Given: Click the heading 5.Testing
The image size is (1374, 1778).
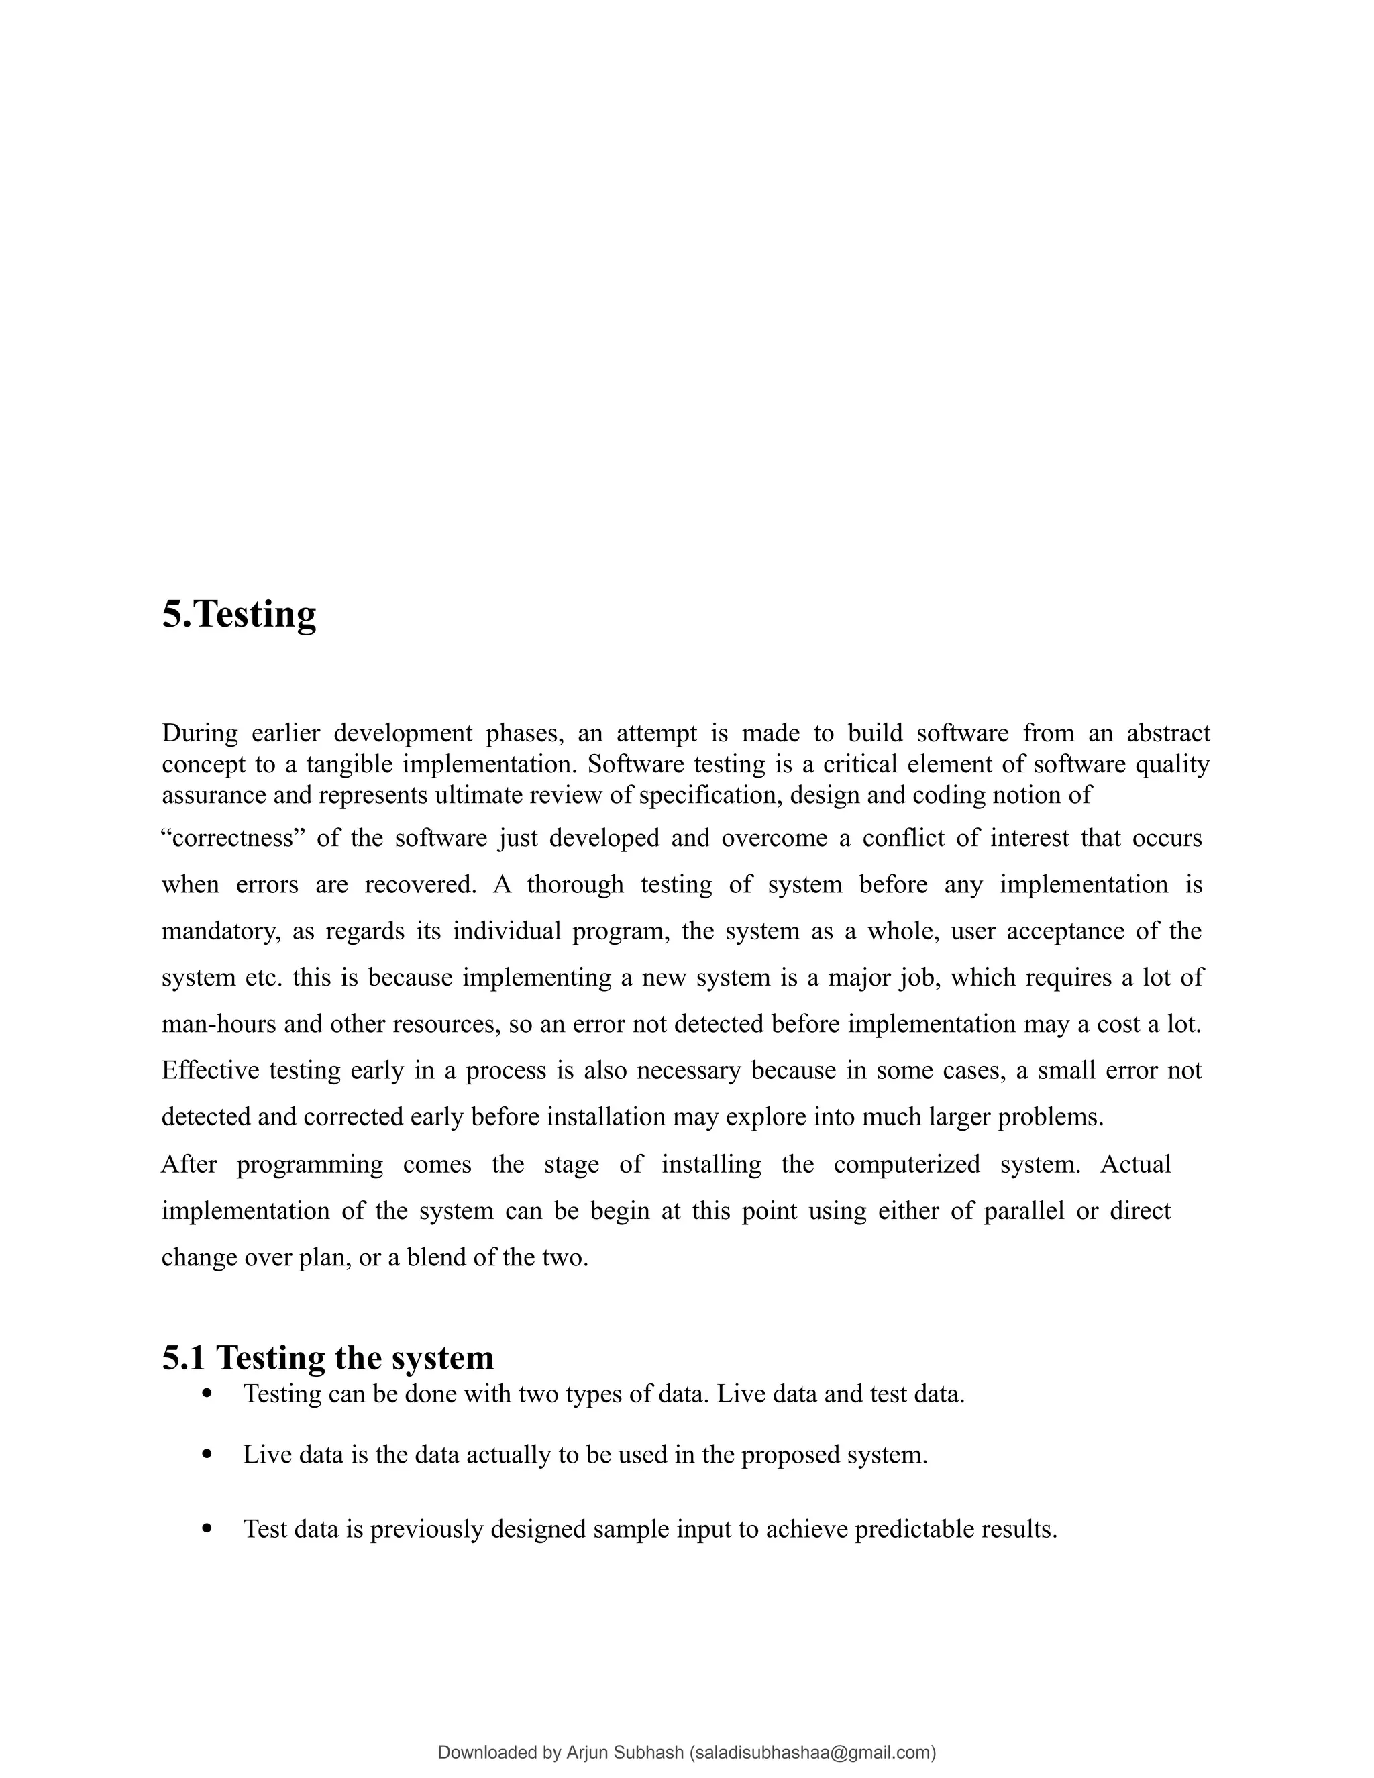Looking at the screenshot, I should (x=238, y=615).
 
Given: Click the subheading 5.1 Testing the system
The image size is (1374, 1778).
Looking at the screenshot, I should (x=328, y=1357).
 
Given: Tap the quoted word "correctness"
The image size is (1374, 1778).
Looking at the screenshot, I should (x=233, y=838).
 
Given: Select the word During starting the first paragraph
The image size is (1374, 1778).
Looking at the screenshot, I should (x=199, y=733).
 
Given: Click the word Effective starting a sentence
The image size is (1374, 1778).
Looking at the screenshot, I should (x=210, y=1069).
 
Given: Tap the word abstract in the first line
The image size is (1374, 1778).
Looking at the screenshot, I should (x=1168, y=733).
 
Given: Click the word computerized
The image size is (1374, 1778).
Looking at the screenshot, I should (x=907, y=1164).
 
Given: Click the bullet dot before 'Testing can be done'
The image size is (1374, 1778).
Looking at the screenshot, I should (x=207, y=1394).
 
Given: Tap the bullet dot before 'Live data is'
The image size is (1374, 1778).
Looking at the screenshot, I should (x=207, y=1454).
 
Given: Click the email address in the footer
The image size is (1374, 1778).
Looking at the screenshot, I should (x=812, y=1752).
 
